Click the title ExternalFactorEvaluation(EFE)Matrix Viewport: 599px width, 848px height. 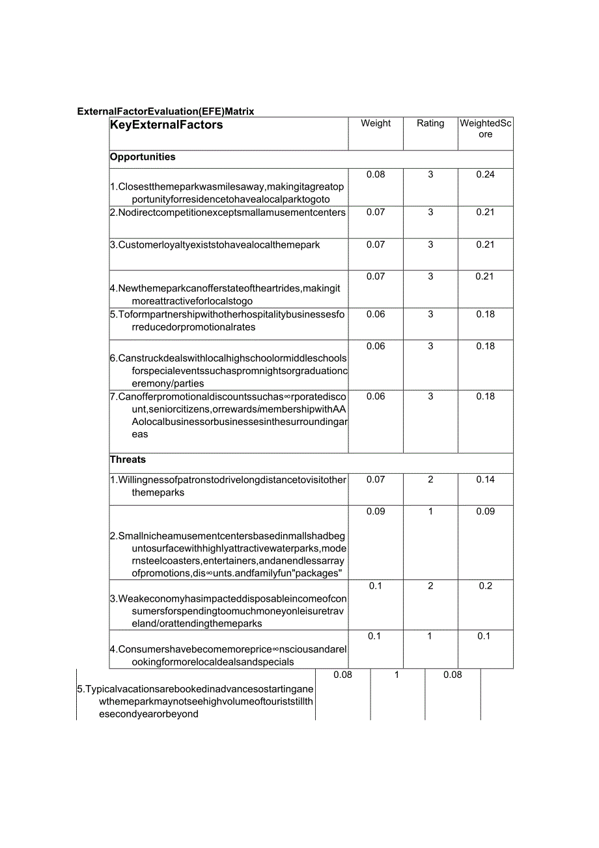click(165, 111)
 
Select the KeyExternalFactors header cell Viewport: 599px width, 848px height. click(167, 125)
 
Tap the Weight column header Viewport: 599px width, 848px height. click(376, 123)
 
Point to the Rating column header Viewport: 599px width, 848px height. click(430, 123)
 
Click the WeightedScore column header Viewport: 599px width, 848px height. click(486, 128)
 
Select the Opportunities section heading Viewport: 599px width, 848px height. click(143, 157)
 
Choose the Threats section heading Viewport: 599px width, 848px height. click(128, 460)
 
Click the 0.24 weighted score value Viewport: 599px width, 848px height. click(485, 175)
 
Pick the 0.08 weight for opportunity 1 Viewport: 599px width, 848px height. click(376, 175)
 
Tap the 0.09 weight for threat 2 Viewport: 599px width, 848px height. click(376, 512)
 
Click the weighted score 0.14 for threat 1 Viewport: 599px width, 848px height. click(485, 480)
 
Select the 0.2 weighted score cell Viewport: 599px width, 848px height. click(485, 586)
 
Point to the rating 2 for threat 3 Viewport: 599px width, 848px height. click(430, 586)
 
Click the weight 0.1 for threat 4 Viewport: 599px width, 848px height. click(374, 636)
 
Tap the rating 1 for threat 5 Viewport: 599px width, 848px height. click(397, 675)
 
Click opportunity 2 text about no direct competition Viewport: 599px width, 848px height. click(228, 212)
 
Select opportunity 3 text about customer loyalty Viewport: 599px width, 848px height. click(215, 245)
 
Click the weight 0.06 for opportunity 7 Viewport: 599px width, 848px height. click(376, 396)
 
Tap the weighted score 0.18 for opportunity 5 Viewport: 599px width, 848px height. click(485, 314)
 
